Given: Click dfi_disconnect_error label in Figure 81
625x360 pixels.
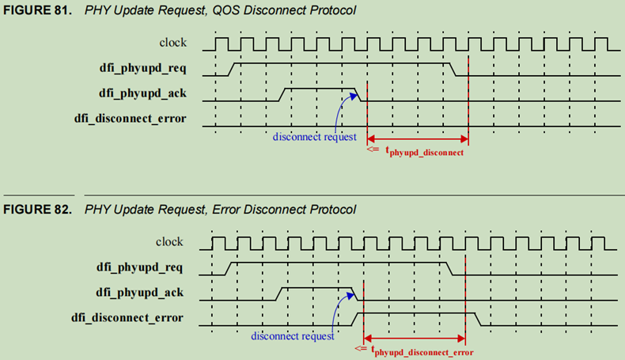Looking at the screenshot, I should (x=140, y=119).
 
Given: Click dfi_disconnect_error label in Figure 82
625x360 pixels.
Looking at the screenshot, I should (x=138, y=317).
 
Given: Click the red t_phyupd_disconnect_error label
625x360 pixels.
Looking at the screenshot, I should (x=422, y=352).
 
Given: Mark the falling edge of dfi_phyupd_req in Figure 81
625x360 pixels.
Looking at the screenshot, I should (x=453, y=69).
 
